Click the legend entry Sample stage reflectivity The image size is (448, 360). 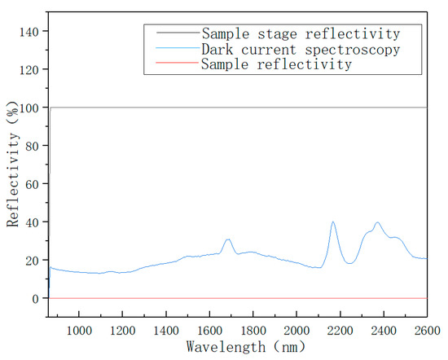(301, 34)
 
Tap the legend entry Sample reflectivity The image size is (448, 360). (277, 64)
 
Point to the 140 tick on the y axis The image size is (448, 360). (32, 31)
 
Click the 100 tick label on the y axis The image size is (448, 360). (32, 108)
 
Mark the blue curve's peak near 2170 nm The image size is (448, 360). (333, 222)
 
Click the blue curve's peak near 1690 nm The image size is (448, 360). (229, 239)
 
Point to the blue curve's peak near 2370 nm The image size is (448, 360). (377, 222)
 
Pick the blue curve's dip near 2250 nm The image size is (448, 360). (350, 263)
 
